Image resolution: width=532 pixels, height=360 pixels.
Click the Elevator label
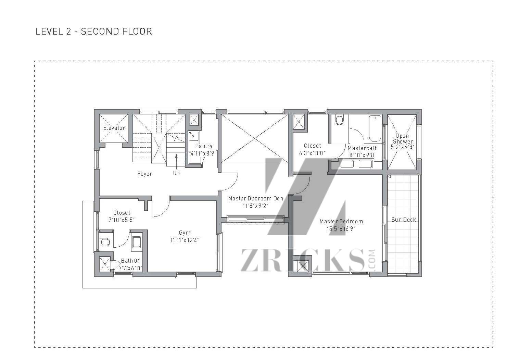pos(114,128)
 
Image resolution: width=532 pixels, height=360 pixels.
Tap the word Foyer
pos(144,174)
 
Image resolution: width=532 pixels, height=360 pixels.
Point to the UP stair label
pos(177,173)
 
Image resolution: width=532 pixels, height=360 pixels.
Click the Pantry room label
pos(204,146)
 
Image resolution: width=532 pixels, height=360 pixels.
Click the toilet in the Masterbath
pos(339,120)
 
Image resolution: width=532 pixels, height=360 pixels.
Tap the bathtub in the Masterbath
pos(375,128)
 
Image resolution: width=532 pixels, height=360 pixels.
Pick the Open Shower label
pos(402,138)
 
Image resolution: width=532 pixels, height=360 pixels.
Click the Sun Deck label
pos(404,220)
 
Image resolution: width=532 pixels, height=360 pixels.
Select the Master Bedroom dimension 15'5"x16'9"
pos(341,229)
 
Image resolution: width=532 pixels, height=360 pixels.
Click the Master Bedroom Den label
pos(255,198)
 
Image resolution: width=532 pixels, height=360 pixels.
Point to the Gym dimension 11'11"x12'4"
pos(184,240)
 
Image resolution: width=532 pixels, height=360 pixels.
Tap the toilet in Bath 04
pos(105,243)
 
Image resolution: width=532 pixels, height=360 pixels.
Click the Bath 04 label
pos(130,261)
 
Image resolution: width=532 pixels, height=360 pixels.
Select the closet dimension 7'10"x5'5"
pos(122,220)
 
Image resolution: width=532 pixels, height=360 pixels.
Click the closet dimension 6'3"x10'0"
pos(312,153)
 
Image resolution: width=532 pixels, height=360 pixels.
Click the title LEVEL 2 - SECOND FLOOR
pos(93,32)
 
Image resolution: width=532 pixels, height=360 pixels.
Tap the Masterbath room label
pos(363,148)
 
